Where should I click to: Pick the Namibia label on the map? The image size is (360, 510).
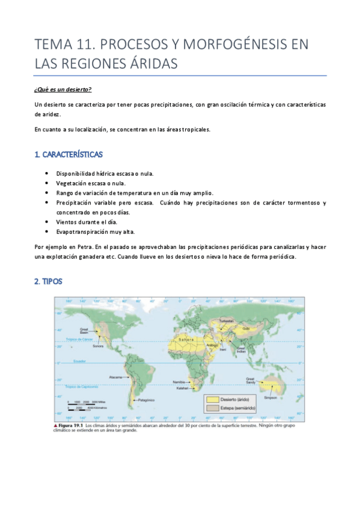point(178,382)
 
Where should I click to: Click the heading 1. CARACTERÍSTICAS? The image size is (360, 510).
point(68,155)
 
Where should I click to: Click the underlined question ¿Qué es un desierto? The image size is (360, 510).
point(63,90)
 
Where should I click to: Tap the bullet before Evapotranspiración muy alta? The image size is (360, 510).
point(47,232)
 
